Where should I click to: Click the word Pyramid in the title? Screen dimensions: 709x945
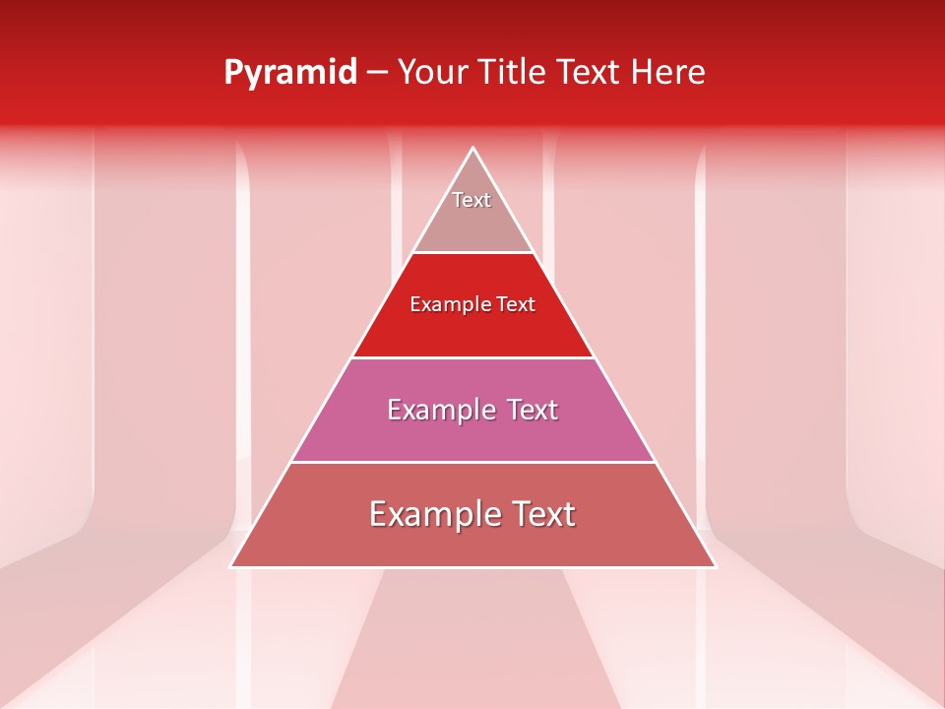coord(290,73)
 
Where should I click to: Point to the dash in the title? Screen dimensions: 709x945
coord(377,73)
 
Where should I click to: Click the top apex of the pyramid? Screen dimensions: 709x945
coord(473,149)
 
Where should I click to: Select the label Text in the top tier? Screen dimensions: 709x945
coord(472,200)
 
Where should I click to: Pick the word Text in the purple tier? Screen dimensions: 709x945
coord(530,410)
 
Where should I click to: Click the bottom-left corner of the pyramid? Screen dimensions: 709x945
coord(231,566)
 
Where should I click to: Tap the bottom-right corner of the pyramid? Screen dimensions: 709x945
coord(715,566)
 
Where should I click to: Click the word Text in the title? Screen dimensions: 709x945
coord(590,72)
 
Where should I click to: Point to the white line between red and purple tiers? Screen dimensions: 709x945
coord(473,357)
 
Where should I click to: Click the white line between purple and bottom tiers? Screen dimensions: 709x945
coord(473,462)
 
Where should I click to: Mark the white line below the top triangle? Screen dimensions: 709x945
coord(473,253)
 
